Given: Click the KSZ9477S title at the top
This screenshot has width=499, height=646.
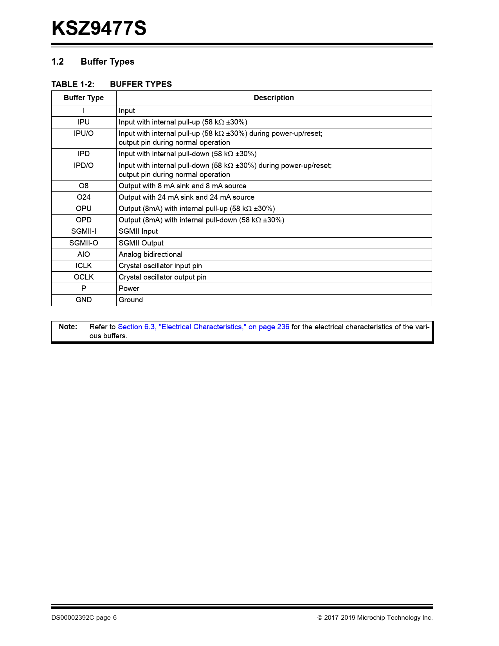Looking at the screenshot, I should pyautogui.click(x=99, y=29).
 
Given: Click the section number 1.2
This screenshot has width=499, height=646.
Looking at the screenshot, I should pyautogui.click(x=58, y=62).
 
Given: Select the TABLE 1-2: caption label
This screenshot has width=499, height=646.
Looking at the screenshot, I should pyautogui.click(x=73, y=84).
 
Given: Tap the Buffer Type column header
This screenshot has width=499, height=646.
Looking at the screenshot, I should pyautogui.click(x=84, y=98).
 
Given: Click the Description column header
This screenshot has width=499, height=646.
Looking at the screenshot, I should pyautogui.click(x=274, y=98).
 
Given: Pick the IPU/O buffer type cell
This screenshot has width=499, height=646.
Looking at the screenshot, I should pyautogui.click(x=84, y=134).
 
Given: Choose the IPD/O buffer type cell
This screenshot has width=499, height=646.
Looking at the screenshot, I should pyautogui.click(x=84, y=166).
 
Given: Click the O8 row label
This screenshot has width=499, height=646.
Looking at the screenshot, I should pyautogui.click(x=84, y=186).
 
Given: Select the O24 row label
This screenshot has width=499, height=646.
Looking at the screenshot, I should pyautogui.click(x=84, y=197).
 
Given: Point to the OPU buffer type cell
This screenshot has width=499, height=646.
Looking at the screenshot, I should pyautogui.click(x=84, y=209).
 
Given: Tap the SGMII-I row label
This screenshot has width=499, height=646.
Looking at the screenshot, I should pyautogui.click(x=84, y=231).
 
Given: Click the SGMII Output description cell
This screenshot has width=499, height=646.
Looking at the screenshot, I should pyautogui.click(x=141, y=243).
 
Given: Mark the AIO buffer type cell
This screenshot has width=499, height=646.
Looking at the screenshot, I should pyautogui.click(x=84, y=254).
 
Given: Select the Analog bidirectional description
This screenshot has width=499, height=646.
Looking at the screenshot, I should pyautogui.click(x=150, y=254).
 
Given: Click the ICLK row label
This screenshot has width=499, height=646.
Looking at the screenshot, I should pyautogui.click(x=84, y=266).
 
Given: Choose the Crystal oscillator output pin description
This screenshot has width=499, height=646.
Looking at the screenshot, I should pyautogui.click(x=162, y=277).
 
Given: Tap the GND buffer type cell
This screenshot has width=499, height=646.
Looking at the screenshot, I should pyautogui.click(x=84, y=300).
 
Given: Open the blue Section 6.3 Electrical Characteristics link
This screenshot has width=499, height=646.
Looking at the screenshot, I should pyautogui.click(x=204, y=327).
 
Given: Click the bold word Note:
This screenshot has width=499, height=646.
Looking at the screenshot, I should pyautogui.click(x=68, y=327).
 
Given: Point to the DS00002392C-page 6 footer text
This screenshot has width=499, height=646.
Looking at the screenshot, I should pyautogui.click(x=84, y=618).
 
